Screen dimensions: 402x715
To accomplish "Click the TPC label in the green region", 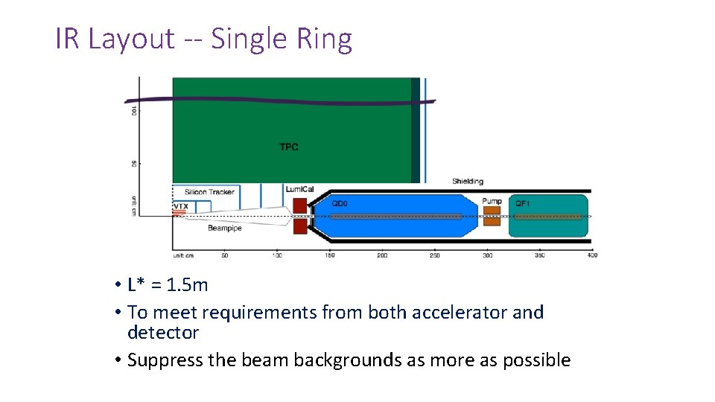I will (x=288, y=147).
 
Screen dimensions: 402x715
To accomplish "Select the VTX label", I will (x=181, y=206).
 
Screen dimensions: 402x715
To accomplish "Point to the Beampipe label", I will (x=224, y=229).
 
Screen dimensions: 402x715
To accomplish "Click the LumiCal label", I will (x=300, y=189).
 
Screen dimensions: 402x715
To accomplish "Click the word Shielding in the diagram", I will (x=467, y=181).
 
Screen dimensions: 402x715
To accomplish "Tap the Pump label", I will (x=492, y=202).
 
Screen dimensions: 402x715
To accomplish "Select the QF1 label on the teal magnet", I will (x=524, y=202).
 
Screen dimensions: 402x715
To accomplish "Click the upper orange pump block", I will (x=492, y=211).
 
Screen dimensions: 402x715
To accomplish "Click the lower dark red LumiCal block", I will (x=300, y=226).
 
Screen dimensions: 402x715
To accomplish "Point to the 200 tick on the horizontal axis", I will (x=382, y=255).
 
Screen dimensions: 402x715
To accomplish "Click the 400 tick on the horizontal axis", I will (x=592, y=255).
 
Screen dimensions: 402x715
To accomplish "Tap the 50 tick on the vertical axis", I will (x=134, y=163).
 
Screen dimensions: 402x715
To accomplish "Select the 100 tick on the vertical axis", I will (x=134, y=110).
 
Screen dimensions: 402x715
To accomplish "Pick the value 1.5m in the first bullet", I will (x=188, y=284).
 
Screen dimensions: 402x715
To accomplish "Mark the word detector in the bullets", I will (x=163, y=332).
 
